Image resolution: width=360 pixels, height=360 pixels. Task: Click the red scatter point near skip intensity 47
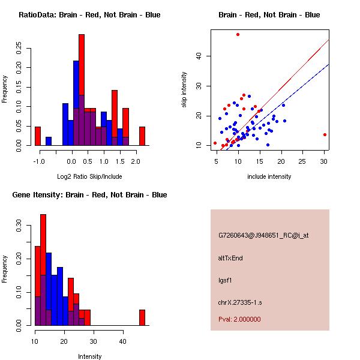point(238,35)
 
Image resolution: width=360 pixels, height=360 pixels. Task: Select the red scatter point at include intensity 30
point(325,135)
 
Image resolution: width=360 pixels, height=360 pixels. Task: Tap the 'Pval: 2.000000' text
point(240,319)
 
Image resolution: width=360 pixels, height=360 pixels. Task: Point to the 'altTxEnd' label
point(230,258)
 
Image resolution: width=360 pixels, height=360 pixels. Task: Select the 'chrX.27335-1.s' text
point(238,301)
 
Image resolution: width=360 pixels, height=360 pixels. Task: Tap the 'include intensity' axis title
point(269,176)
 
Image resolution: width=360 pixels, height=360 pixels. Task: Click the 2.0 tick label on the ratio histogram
point(136,161)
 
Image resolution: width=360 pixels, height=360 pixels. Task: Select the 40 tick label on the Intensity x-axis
point(122,341)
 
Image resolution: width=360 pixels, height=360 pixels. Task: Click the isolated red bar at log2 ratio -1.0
point(38,136)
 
